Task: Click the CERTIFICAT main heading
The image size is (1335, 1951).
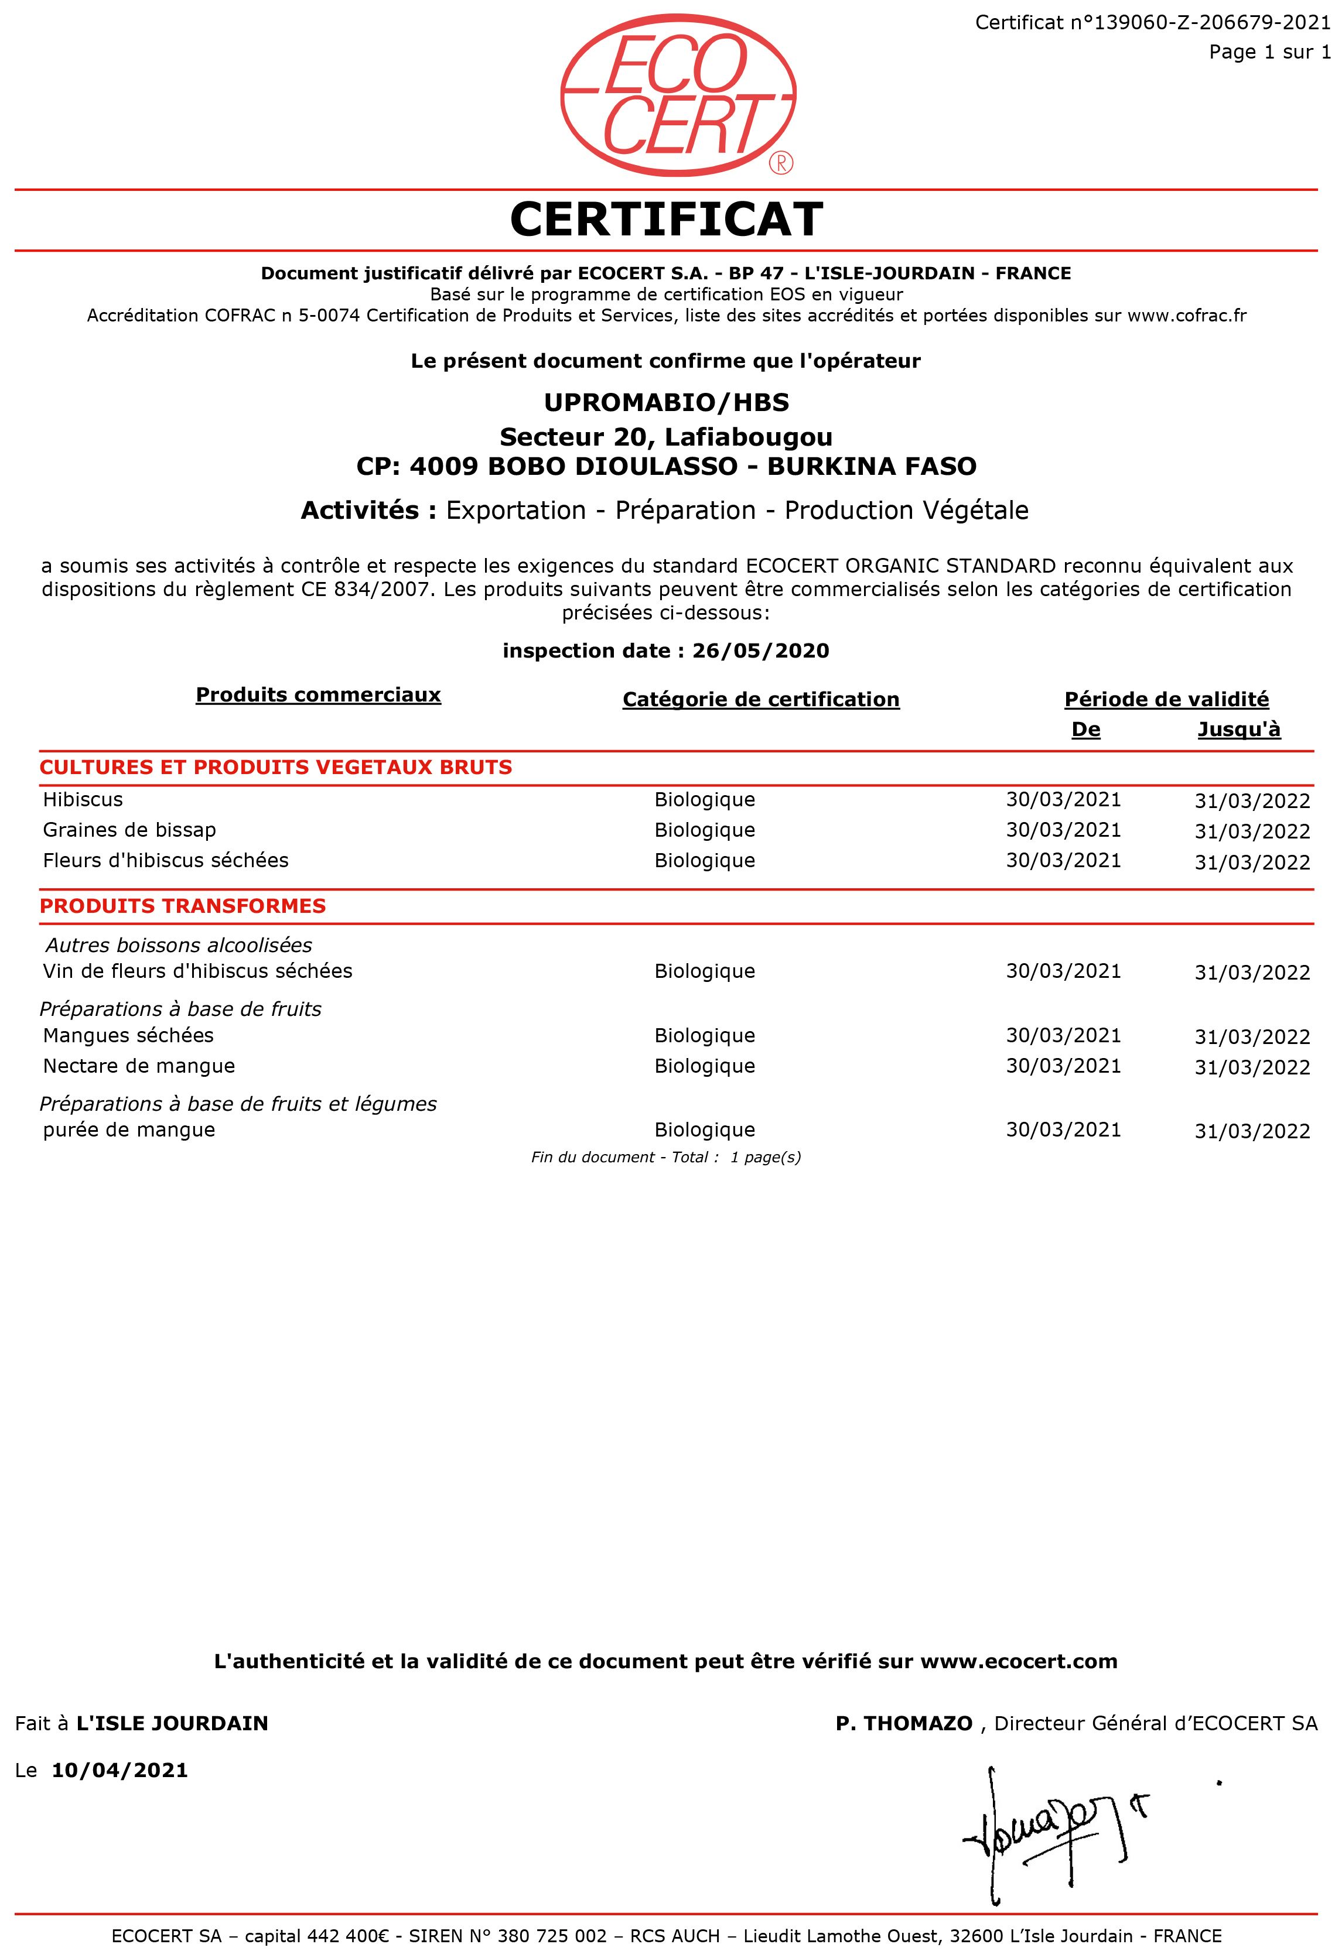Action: click(667, 220)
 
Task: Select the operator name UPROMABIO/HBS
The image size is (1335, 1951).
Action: click(667, 403)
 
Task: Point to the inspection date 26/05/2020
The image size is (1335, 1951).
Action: click(761, 651)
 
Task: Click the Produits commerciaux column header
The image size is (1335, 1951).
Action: click(318, 695)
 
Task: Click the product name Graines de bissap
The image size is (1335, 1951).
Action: click(130, 830)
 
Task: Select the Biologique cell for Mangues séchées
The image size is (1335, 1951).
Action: click(705, 1036)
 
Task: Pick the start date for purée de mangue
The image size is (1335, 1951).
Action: click(1063, 1130)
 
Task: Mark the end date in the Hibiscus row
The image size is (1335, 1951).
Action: click(1252, 801)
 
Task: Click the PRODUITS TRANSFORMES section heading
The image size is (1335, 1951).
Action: click(183, 906)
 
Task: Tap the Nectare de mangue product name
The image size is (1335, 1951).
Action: click(139, 1066)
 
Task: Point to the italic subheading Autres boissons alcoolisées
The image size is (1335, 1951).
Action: click(179, 945)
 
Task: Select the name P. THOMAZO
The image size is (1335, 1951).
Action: click(903, 1723)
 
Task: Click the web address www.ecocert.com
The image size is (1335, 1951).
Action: click(1019, 1661)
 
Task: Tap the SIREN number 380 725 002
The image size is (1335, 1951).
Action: click(552, 1936)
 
